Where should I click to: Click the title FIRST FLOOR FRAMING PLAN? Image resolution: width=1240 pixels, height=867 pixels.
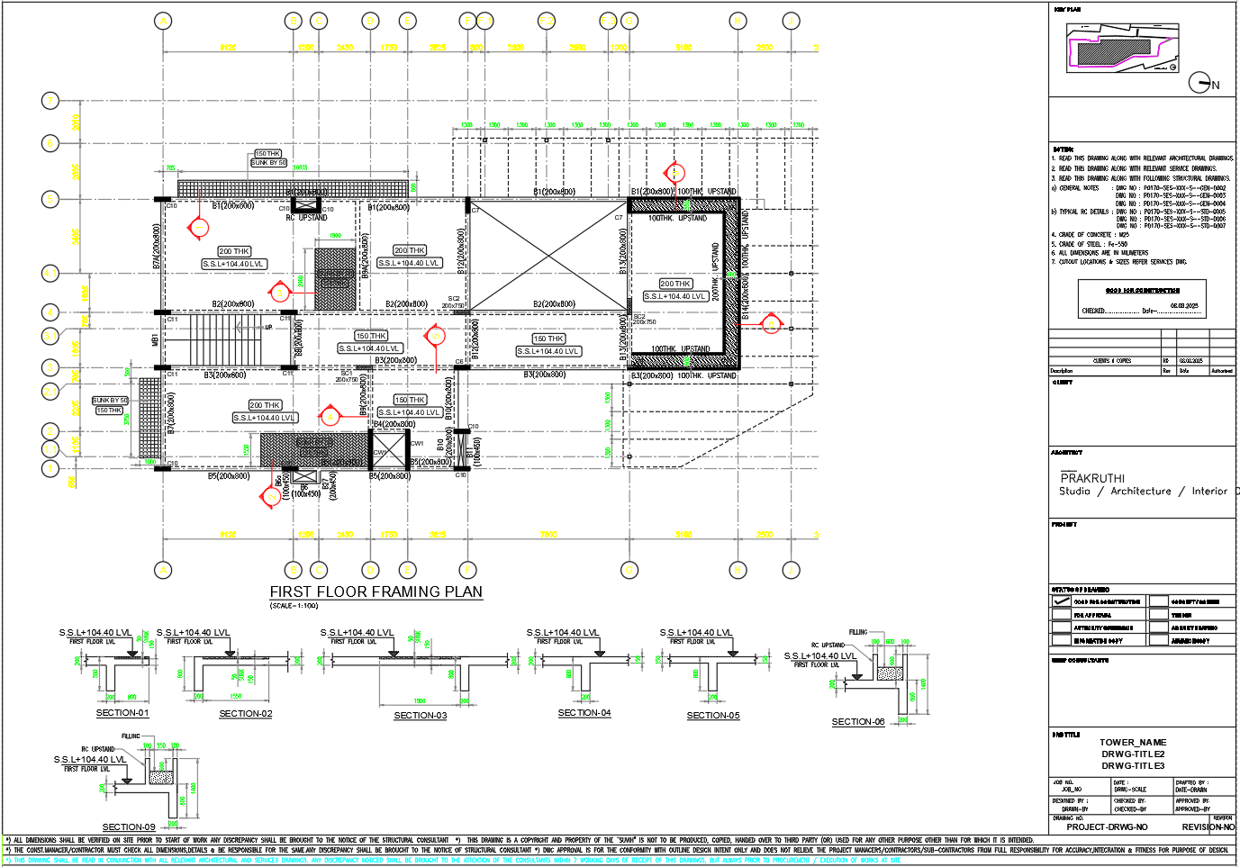pyautogui.click(x=376, y=592)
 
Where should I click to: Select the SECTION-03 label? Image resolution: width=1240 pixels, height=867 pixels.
pyautogui.click(x=420, y=716)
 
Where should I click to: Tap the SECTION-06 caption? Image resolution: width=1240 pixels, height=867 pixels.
pyautogui.click(x=857, y=722)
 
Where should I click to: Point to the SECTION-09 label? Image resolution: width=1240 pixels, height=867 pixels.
pyautogui.click(x=128, y=826)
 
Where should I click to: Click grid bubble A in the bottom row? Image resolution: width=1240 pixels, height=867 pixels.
pyautogui.click(x=163, y=570)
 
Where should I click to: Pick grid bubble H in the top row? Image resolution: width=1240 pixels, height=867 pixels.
pyautogui.click(x=738, y=21)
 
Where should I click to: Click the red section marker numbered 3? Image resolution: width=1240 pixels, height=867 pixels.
pyautogui.click(x=280, y=292)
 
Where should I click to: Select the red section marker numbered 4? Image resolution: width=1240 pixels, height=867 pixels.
pyautogui.click(x=330, y=416)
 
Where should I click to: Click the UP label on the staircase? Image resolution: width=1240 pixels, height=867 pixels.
pyautogui.click(x=267, y=327)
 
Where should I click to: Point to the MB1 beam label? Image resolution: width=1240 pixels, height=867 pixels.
pyautogui.click(x=155, y=340)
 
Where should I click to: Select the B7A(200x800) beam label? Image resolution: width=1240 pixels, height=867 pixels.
pyautogui.click(x=157, y=247)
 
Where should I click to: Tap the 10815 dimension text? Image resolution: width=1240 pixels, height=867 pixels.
pyautogui.click(x=300, y=167)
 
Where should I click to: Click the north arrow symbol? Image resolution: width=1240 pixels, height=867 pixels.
pyautogui.click(x=1200, y=83)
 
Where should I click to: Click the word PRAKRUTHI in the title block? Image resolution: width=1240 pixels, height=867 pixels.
pyautogui.click(x=1091, y=478)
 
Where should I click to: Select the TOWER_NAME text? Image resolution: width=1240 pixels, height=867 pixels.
pyautogui.click(x=1132, y=743)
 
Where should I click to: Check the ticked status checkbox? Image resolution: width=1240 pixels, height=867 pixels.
pyautogui.click(x=1061, y=601)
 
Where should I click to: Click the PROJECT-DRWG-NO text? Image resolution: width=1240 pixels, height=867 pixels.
pyautogui.click(x=1107, y=826)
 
